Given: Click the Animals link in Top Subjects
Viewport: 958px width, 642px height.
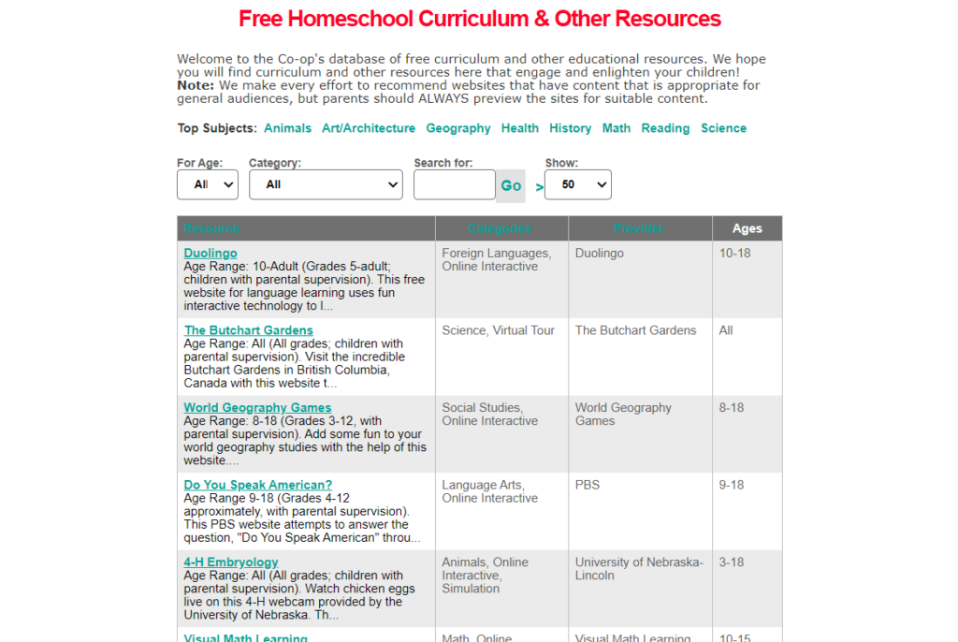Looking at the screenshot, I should tap(287, 128).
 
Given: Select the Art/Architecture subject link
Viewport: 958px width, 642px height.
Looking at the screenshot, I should tap(368, 128).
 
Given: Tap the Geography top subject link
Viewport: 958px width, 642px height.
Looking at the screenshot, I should tap(457, 128).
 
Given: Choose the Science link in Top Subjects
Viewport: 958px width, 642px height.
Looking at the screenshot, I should tap(723, 128).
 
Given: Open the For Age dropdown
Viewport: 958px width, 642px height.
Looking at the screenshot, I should tap(208, 184).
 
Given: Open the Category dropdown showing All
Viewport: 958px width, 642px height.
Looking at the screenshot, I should tap(326, 184).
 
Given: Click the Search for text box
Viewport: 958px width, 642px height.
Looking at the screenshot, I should tap(454, 184).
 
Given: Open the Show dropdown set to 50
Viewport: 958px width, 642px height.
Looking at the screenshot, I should tap(577, 184).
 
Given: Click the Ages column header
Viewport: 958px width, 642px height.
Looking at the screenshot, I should tap(747, 228).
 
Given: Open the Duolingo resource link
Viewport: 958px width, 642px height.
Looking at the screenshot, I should tap(210, 254).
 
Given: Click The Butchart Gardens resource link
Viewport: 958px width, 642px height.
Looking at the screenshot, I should tap(248, 330).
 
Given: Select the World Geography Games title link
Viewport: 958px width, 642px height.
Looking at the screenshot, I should tap(257, 408).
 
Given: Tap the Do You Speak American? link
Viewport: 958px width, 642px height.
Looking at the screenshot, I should tap(257, 485).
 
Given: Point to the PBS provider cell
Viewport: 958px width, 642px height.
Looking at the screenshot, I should tap(588, 485).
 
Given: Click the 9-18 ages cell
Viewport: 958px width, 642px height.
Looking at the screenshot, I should tap(732, 485).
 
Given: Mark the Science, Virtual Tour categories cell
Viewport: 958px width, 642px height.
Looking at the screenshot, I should tap(498, 330).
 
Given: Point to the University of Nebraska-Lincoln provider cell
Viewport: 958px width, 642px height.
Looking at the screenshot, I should tap(638, 569).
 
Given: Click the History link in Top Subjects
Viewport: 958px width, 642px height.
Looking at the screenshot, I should tap(570, 128).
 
